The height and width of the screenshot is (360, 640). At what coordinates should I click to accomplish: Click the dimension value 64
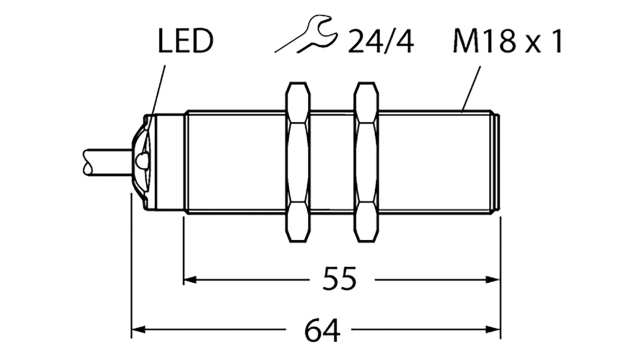coord(316,328)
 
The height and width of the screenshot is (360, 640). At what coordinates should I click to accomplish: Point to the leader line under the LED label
coord(152,85)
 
